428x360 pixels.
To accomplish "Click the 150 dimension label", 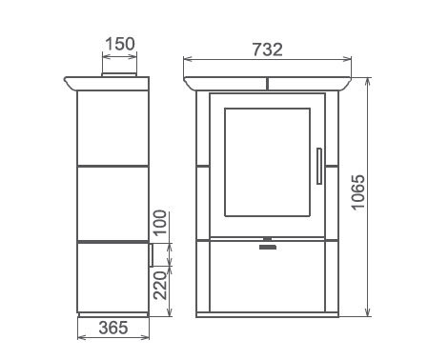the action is (x=120, y=44).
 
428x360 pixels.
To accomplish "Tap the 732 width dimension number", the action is (x=268, y=50).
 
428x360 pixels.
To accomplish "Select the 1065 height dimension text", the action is (x=358, y=191).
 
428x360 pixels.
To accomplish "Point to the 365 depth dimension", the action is (x=113, y=328).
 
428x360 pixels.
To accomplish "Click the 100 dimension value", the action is (x=160, y=222).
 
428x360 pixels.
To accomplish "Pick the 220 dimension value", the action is (x=160, y=286).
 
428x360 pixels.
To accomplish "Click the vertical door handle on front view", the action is (x=319, y=166).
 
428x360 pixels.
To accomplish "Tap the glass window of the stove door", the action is (x=267, y=162).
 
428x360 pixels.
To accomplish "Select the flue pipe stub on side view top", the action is (x=119, y=74).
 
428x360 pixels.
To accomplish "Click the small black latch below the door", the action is (x=268, y=247).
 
